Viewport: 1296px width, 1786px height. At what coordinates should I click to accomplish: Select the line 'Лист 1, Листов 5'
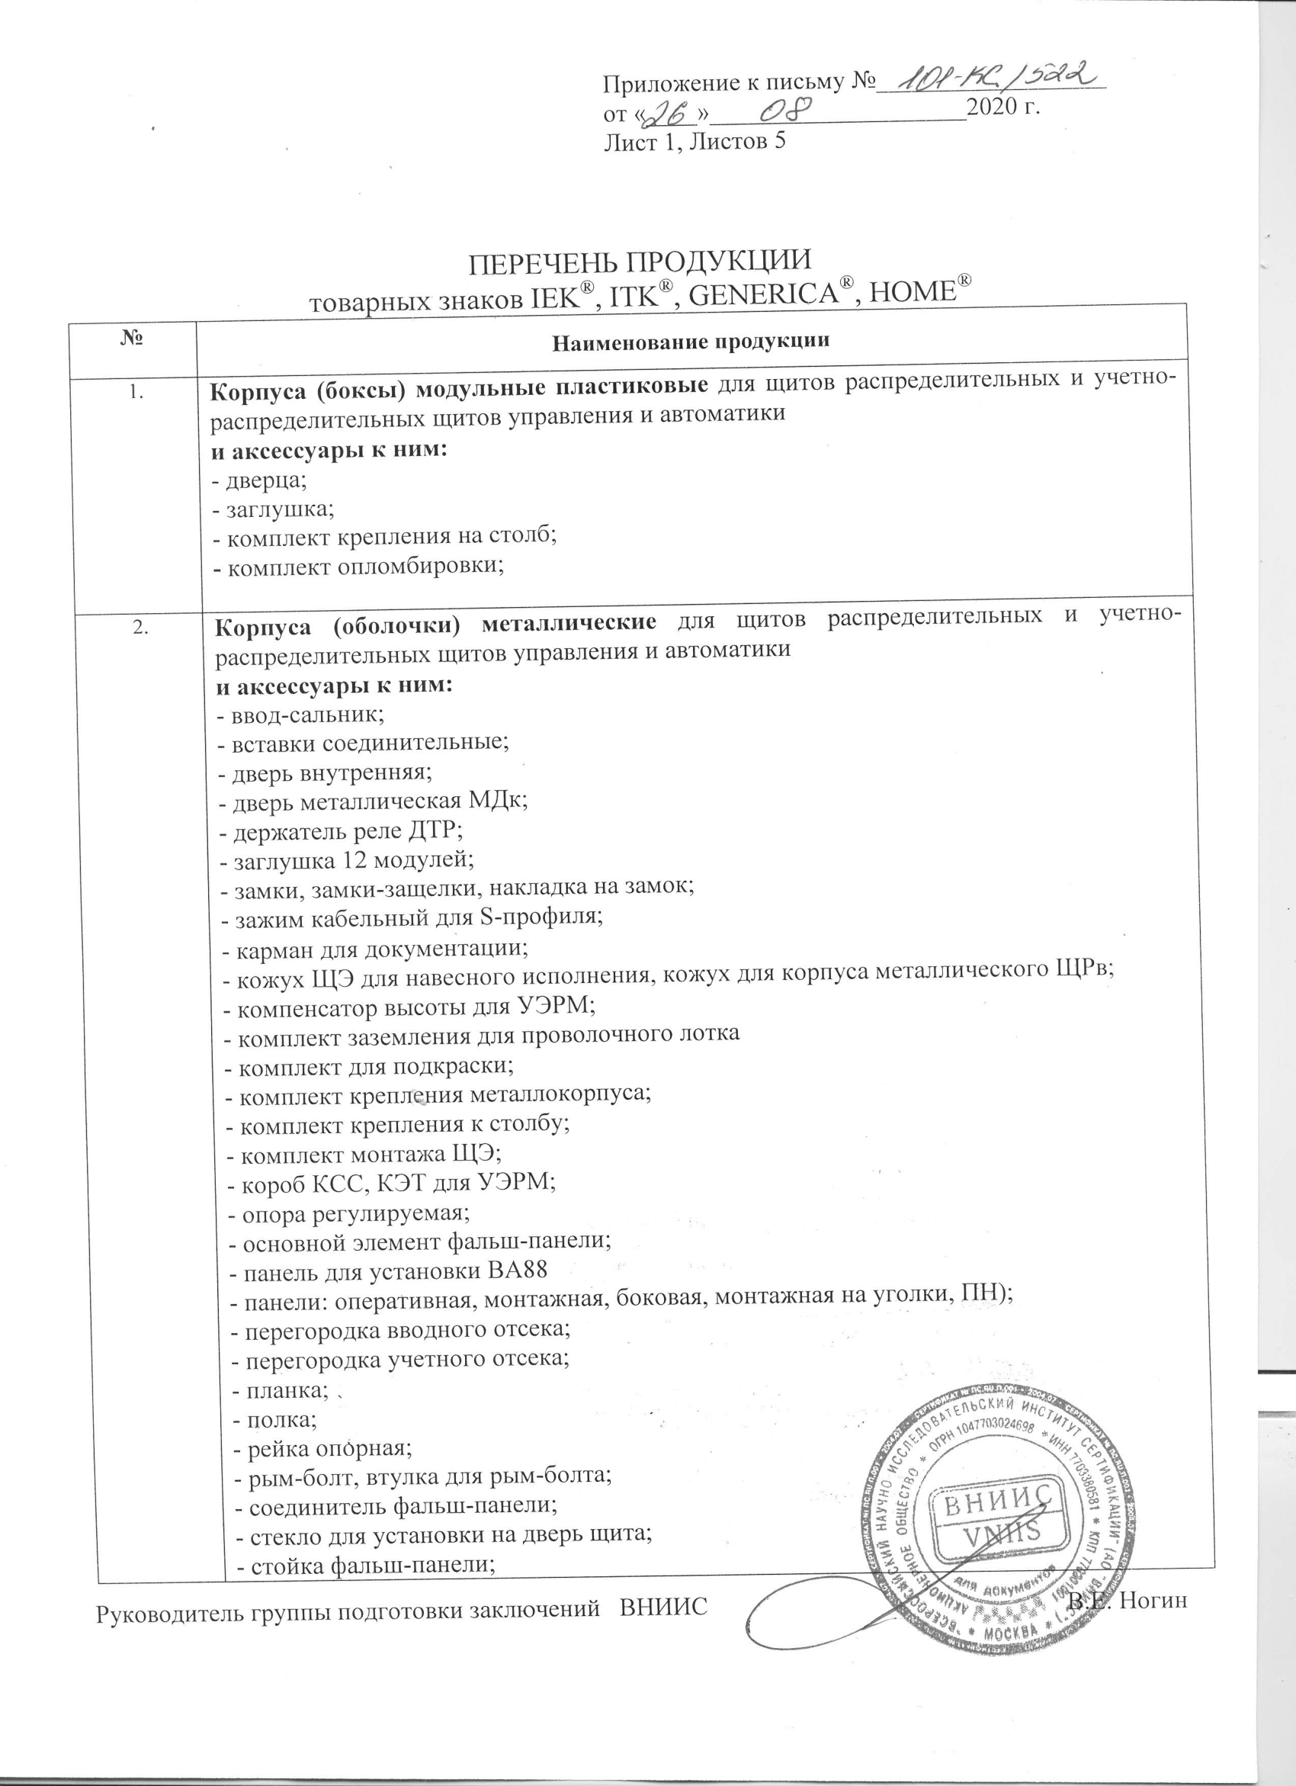[695, 141]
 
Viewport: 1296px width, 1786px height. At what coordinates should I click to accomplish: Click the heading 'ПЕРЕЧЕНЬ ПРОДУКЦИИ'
[640, 261]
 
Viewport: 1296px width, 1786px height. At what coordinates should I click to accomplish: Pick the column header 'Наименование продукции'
[691, 342]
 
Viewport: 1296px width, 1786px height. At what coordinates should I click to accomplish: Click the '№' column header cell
[133, 340]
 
